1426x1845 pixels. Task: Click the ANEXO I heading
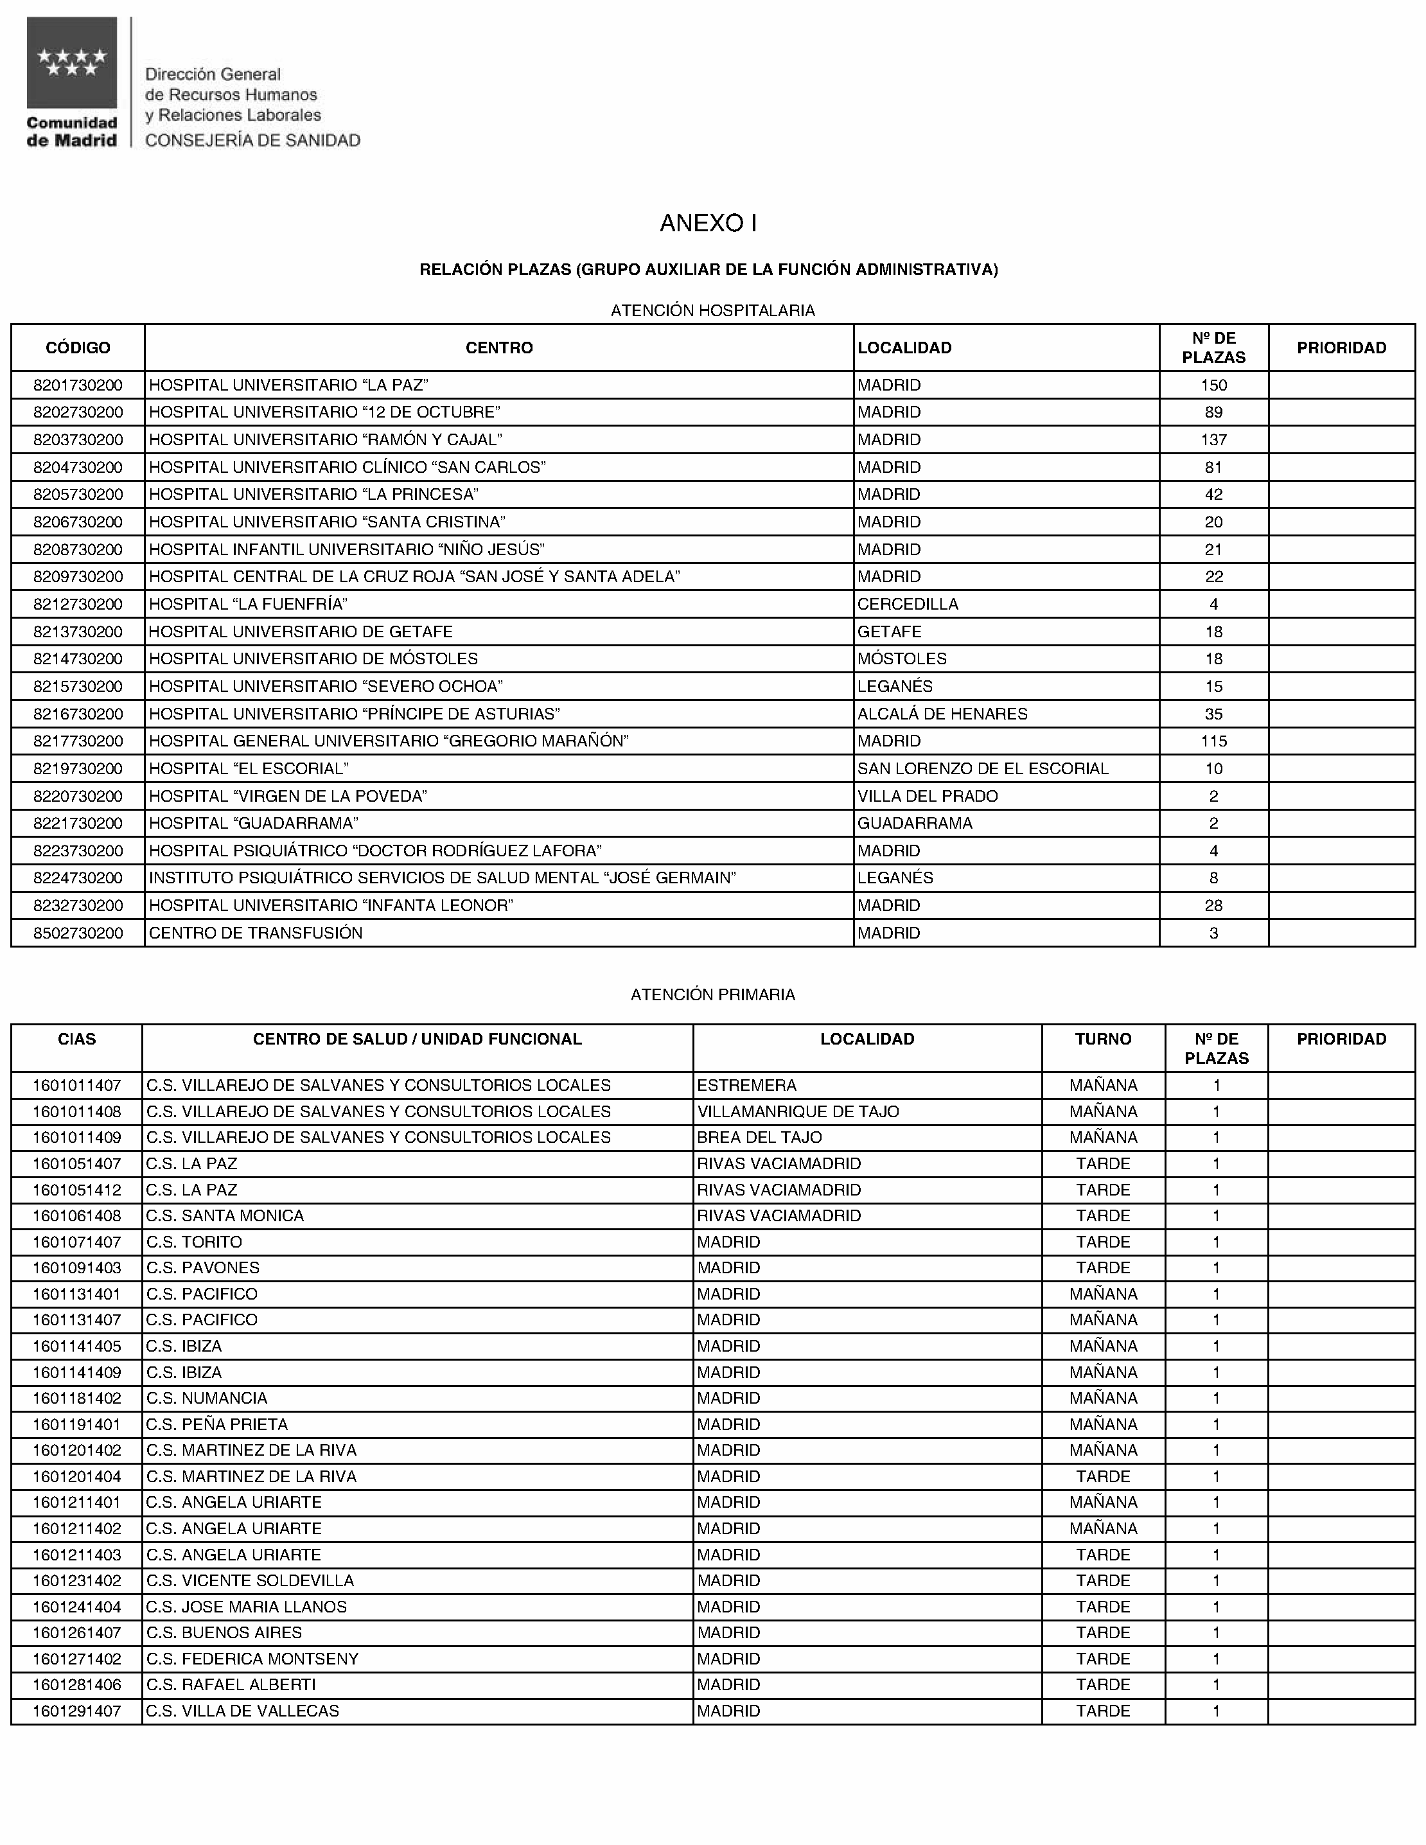(x=708, y=223)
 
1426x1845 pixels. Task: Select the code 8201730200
(x=78, y=385)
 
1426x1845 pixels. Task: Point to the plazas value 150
(x=1213, y=385)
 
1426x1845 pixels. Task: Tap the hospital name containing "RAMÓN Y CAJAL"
(x=325, y=440)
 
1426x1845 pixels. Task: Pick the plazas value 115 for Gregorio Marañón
(x=1213, y=741)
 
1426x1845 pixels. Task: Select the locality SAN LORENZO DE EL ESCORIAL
(x=983, y=769)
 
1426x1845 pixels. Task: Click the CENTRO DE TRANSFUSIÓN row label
(x=255, y=933)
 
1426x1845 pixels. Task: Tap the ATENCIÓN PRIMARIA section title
(x=712, y=995)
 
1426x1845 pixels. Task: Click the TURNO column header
(x=1102, y=1039)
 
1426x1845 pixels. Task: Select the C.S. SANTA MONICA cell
(x=225, y=1215)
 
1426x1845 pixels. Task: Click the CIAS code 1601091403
(x=77, y=1268)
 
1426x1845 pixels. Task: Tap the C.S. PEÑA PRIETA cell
(x=217, y=1424)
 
